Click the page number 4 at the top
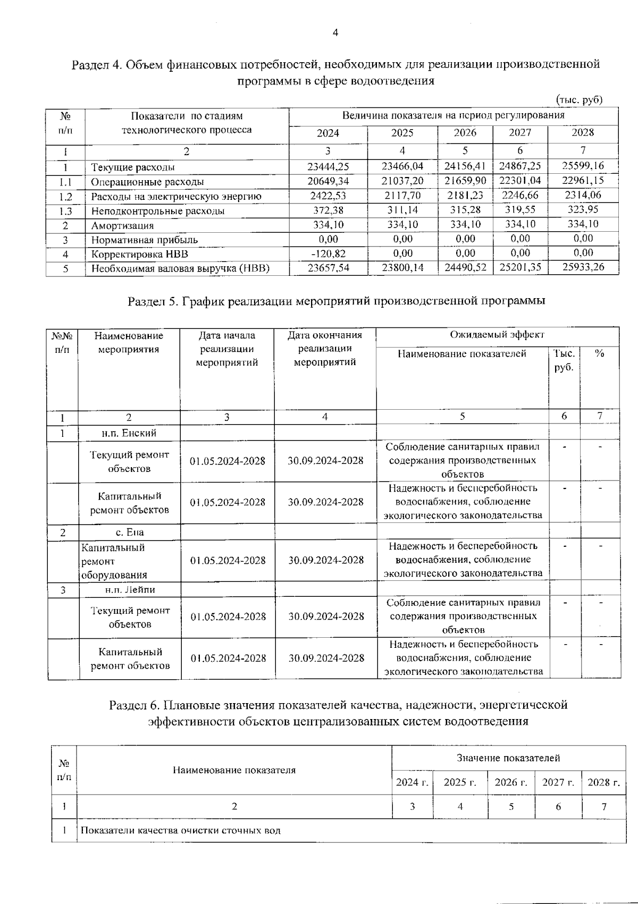tap(335, 33)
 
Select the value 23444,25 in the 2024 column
tap(328, 167)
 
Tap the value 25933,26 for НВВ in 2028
tap(583, 267)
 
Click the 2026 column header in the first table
tap(465, 133)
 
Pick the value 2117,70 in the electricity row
tap(402, 196)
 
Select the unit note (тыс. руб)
tap(579, 100)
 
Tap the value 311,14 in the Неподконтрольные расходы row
tap(402, 210)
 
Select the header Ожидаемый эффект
tap(497, 335)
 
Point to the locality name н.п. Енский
tap(129, 433)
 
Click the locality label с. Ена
tap(130, 533)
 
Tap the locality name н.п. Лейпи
tap(130, 589)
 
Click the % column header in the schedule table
tap(600, 353)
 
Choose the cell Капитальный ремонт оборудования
tap(114, 561)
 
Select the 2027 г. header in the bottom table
tap(558, 782)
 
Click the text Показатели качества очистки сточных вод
tap(180, 831)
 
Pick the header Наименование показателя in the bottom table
tap(234, 770)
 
